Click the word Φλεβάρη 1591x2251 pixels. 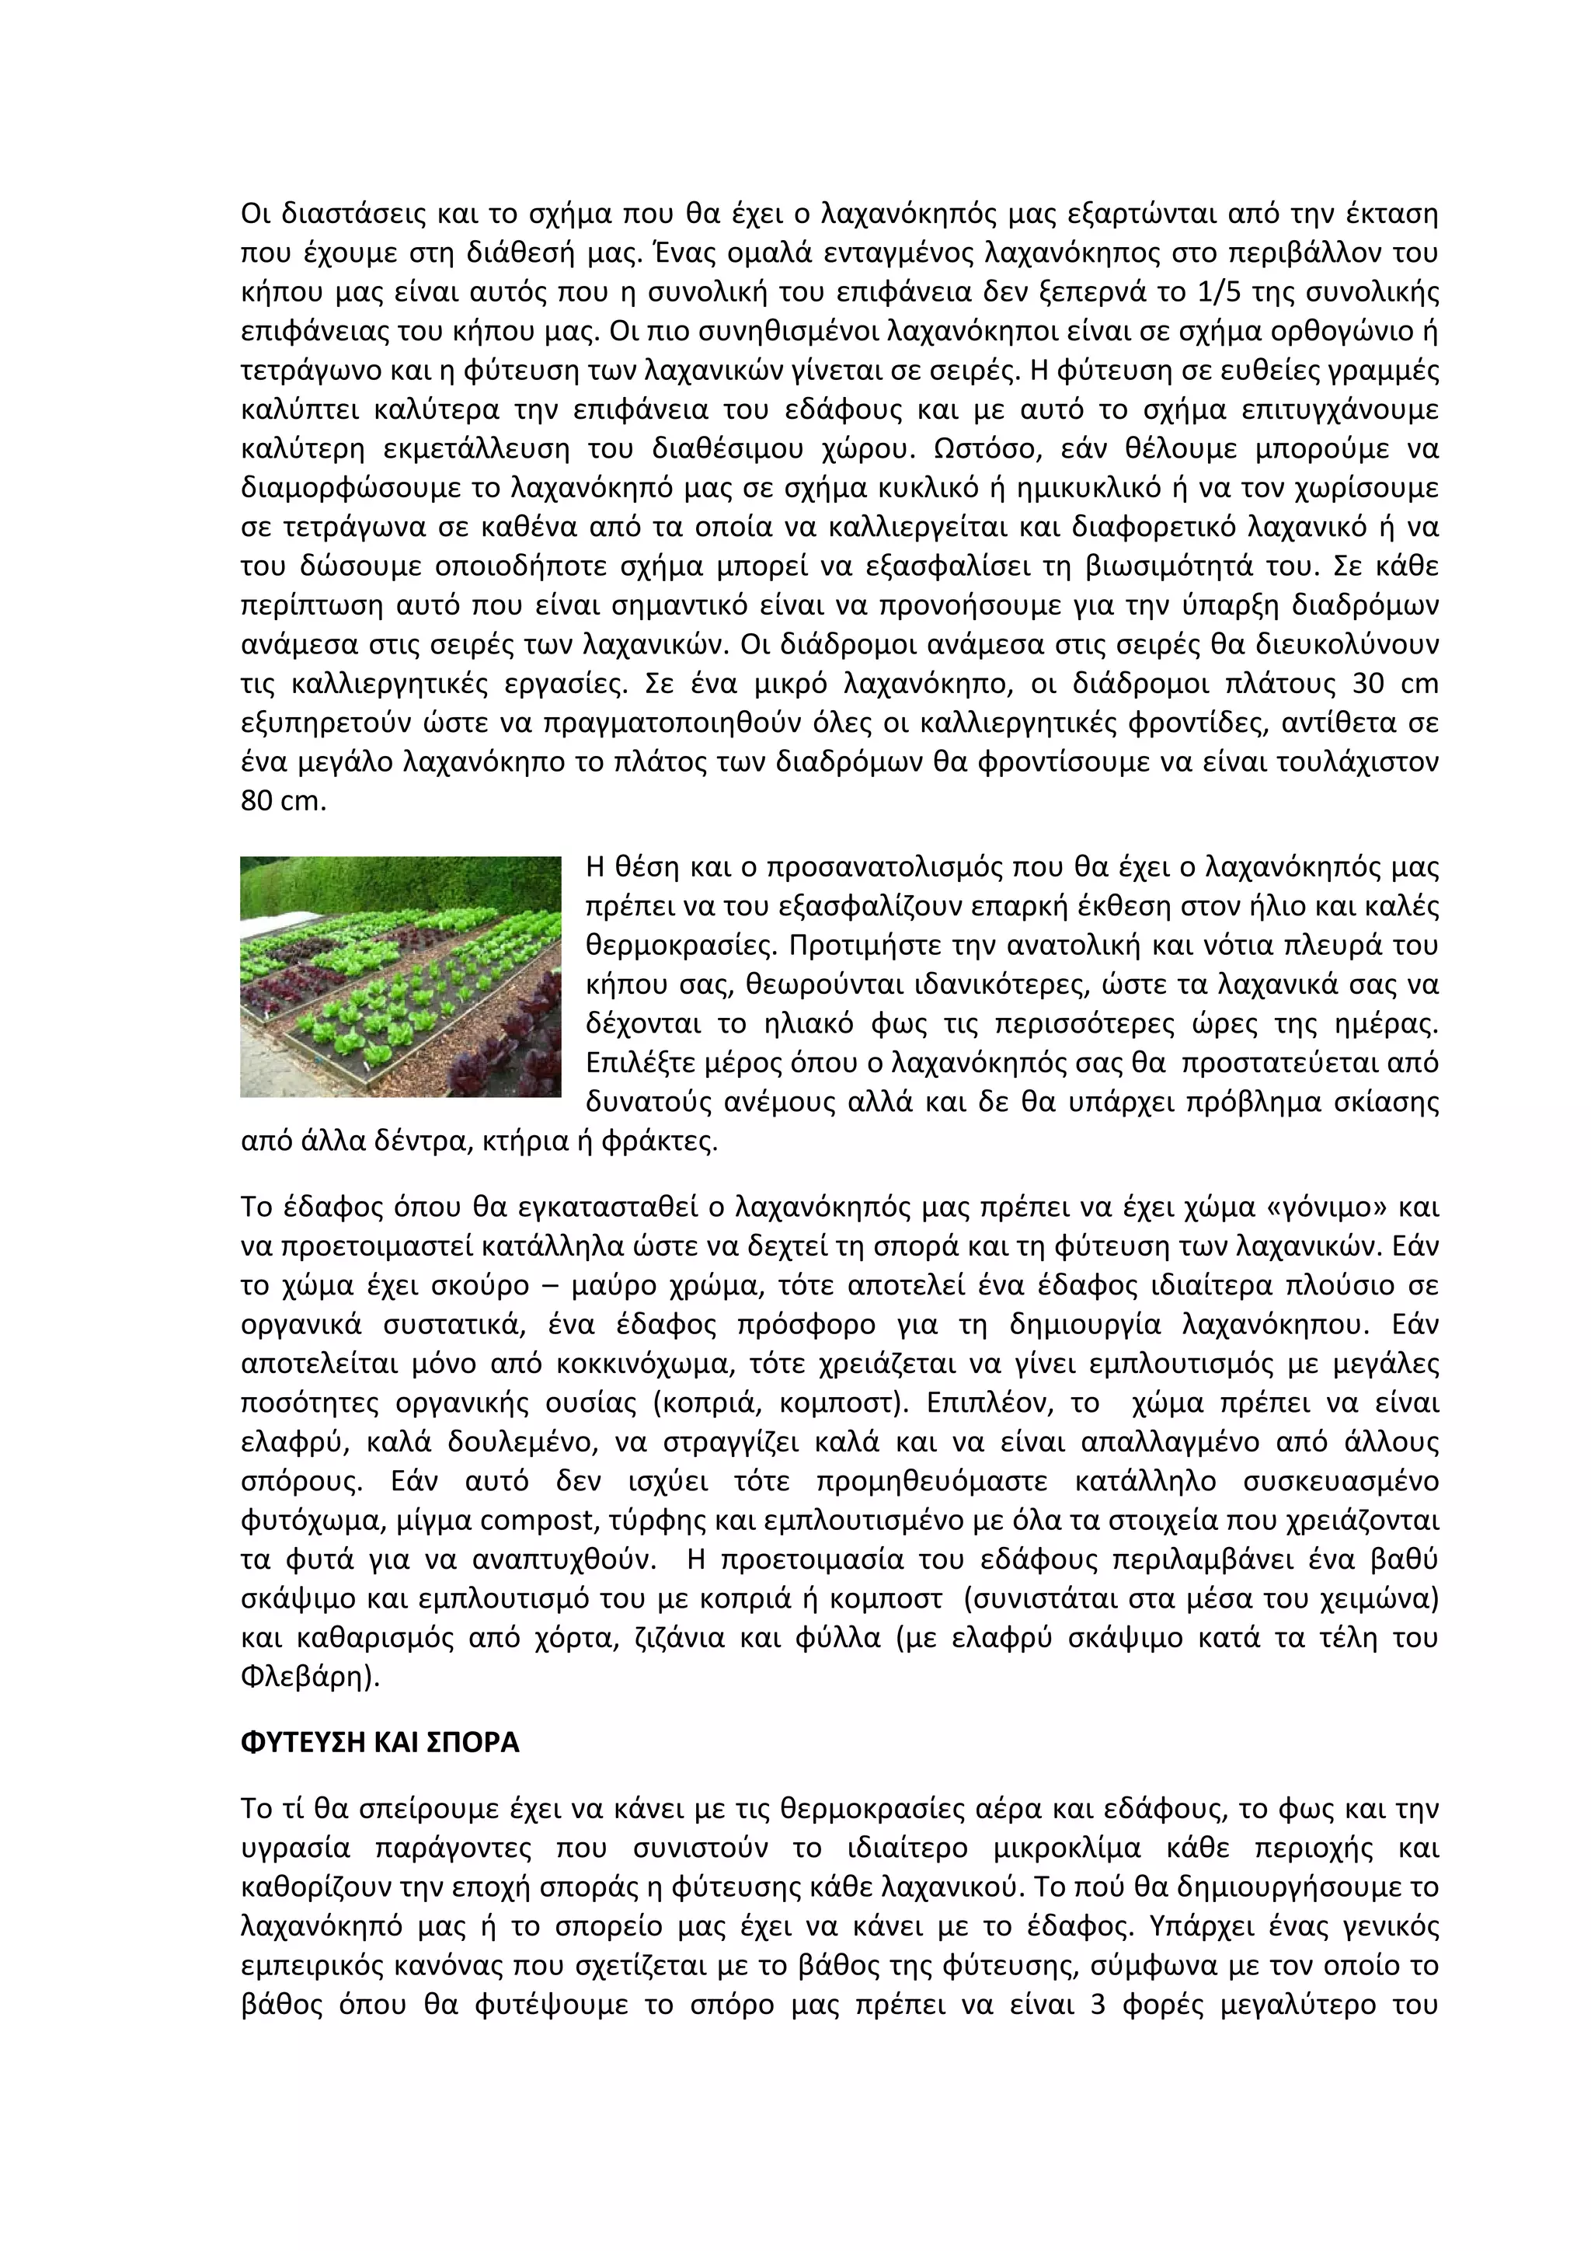pos(305,1678)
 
